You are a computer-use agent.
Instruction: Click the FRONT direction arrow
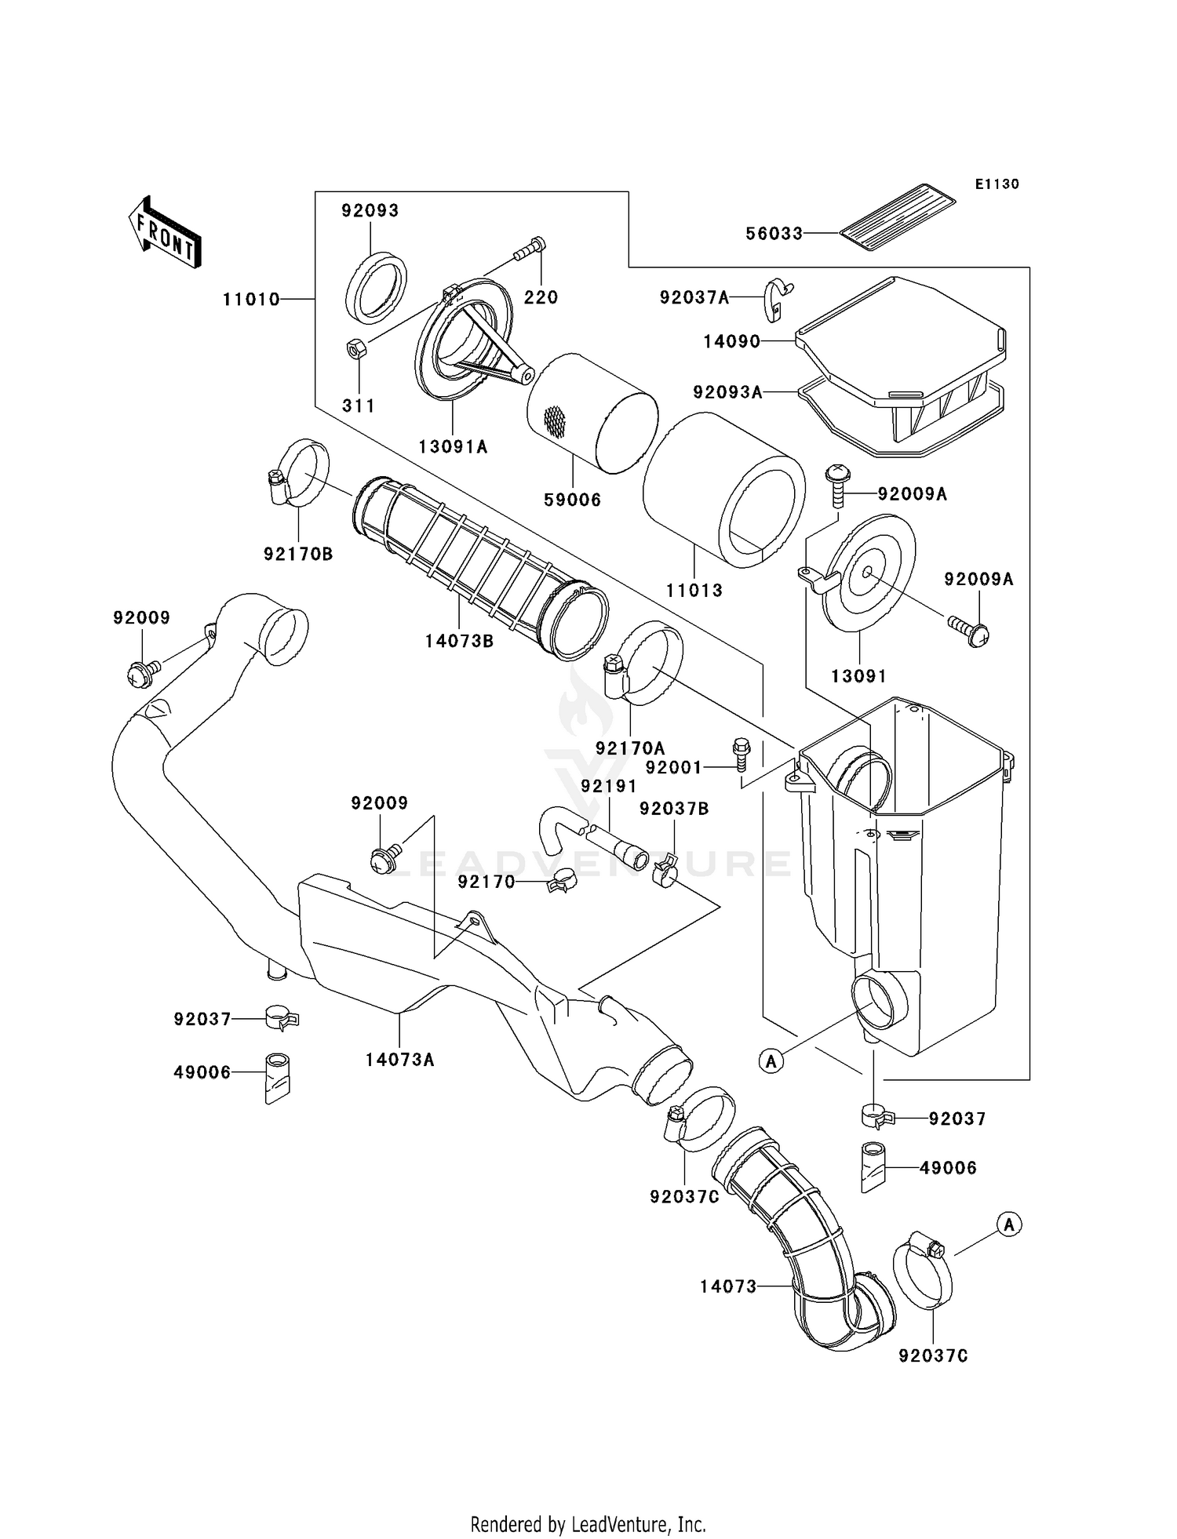(165, 233)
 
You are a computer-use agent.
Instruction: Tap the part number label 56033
(774, 234)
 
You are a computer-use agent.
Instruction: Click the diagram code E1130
(997, 184)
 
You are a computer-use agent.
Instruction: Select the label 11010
(251, 300)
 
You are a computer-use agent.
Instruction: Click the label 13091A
(453, 447)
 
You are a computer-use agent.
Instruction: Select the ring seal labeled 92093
(377, 286)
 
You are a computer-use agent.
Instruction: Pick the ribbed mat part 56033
(898, 217)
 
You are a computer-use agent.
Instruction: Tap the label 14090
(731, 342)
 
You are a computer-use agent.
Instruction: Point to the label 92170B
(298, 555)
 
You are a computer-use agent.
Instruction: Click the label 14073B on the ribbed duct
(459, 641)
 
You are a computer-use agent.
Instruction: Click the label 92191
(609, 785)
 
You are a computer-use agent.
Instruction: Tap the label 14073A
(399, 1061)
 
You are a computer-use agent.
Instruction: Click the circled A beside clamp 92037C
(1010, 1224)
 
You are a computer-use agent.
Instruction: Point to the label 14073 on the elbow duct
(728, 1286)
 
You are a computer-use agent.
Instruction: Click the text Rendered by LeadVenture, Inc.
(588, 1525)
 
